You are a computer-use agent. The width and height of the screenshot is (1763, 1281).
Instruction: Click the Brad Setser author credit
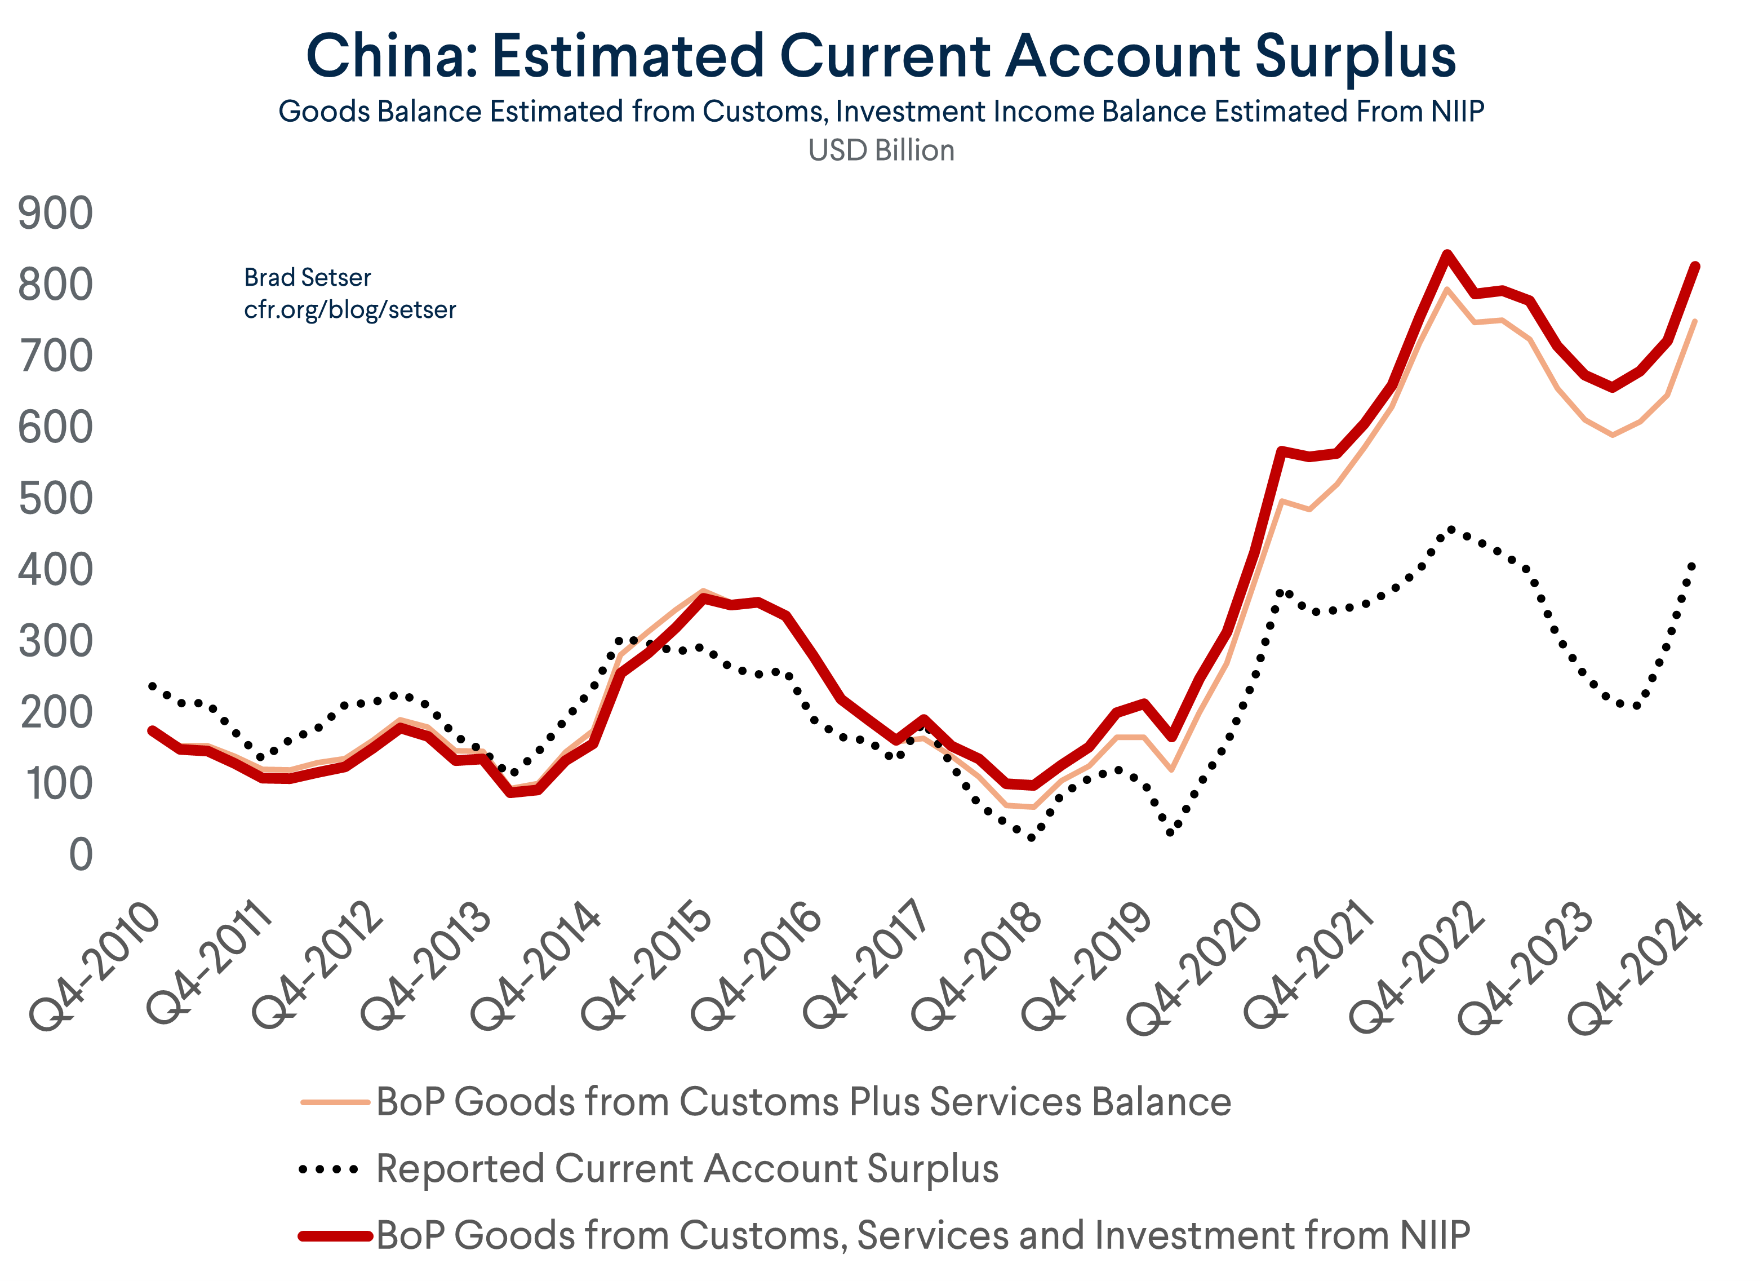307,277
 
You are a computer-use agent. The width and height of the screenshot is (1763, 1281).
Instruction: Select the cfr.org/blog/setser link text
350,310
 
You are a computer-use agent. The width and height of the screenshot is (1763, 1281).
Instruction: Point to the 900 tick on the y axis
55,214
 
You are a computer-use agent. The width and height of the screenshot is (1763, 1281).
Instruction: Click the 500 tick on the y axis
55,499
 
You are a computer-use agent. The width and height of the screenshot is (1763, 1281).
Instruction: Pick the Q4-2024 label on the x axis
1635,968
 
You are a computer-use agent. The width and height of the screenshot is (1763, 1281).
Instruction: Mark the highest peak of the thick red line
1446,254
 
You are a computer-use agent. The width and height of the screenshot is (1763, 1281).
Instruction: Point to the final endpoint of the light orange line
1695,321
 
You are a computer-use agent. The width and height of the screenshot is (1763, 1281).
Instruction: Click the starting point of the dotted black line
152,685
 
